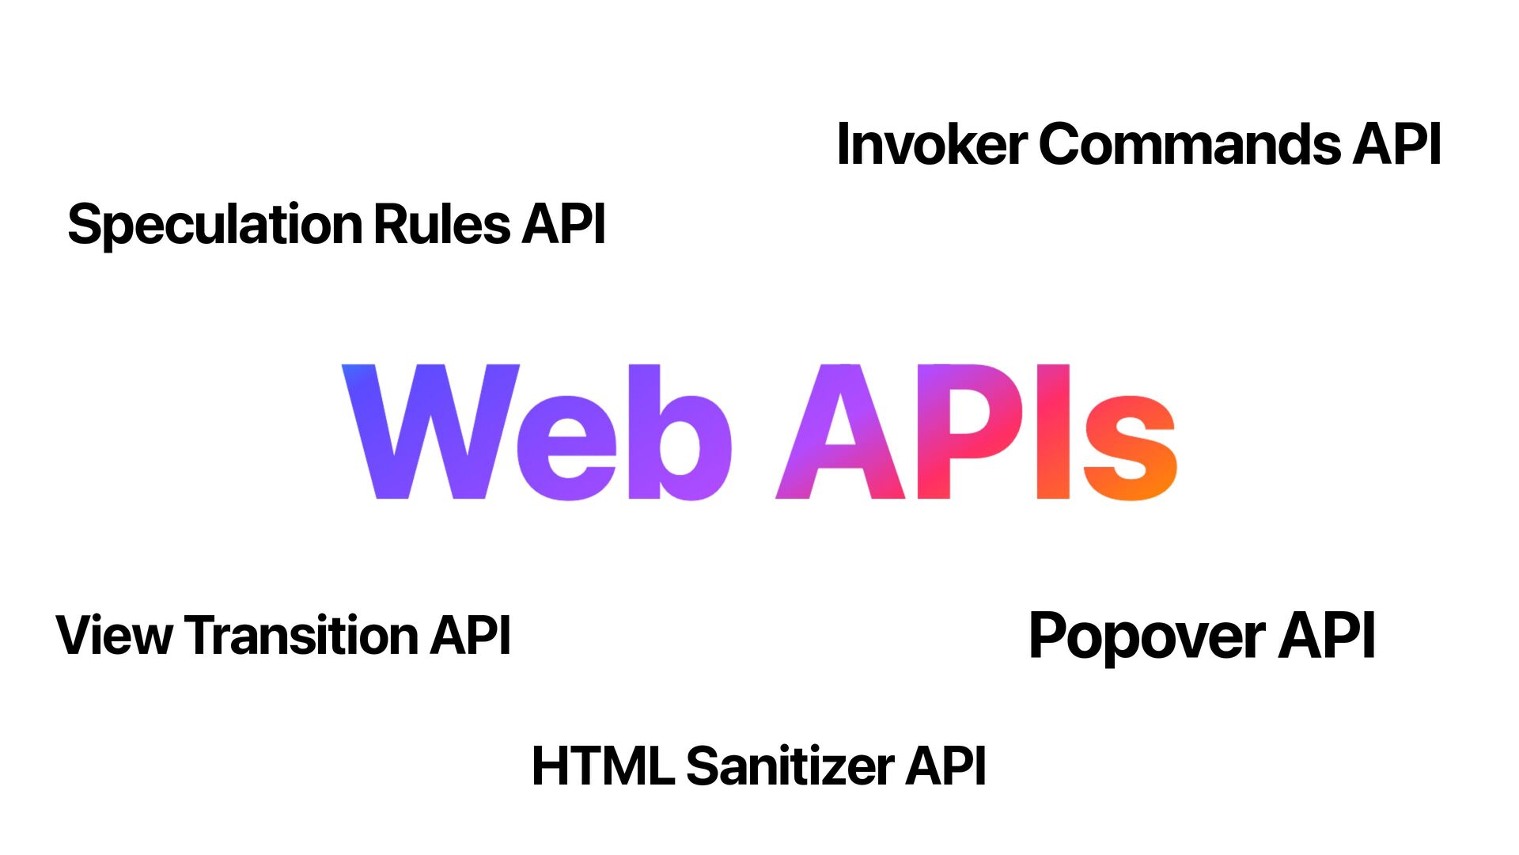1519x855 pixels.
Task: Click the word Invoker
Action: pos(930,144)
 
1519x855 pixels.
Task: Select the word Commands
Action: pos(1189,144)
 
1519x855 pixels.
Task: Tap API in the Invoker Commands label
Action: pos(1396,144)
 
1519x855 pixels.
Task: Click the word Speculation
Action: pos(214,225)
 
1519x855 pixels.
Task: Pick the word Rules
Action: pos(441,224)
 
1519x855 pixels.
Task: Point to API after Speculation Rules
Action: pos(563,224)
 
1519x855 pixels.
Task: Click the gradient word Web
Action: pos(536,432)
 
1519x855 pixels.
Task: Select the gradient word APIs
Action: pos(977,432)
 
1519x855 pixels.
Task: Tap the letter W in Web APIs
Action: pos(430,432)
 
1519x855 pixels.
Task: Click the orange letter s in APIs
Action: pos(1130,448)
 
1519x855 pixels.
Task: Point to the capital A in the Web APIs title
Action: pos(840,432)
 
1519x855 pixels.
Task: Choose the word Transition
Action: pos(301,635)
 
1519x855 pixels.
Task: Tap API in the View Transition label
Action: pos(470,635)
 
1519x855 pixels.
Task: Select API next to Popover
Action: pos(1327,635)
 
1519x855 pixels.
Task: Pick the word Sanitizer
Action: pos(790,766)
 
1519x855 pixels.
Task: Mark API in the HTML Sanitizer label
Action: pos(945,766)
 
